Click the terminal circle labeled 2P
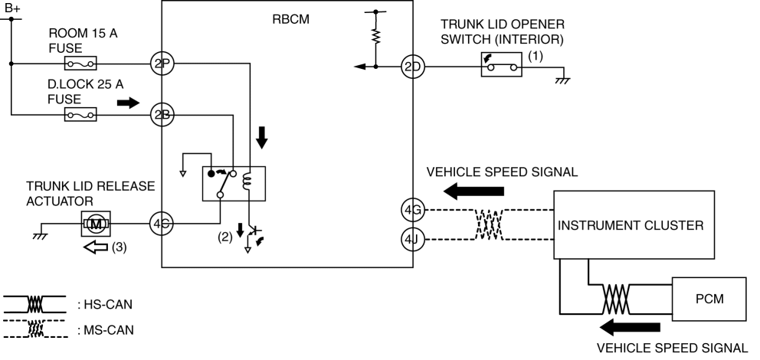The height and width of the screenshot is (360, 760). pos(161,64)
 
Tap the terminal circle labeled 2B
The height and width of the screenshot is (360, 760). pos(161,115)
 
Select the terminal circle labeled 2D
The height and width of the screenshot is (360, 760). pos(413,67)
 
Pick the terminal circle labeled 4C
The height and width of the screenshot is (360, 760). pos(161,224)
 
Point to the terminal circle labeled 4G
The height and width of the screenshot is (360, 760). pos(411,208)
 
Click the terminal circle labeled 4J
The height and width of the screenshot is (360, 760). pos(411,239)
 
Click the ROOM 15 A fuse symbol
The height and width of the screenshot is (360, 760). pos(80,64)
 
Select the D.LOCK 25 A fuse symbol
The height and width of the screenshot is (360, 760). pos(80,115)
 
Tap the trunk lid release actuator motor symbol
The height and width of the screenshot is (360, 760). pos(96,224)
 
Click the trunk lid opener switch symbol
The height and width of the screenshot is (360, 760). pos(501,67)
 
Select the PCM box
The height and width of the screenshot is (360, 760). pos(708,298)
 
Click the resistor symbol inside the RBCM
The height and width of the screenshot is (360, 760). pos(375,36)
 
